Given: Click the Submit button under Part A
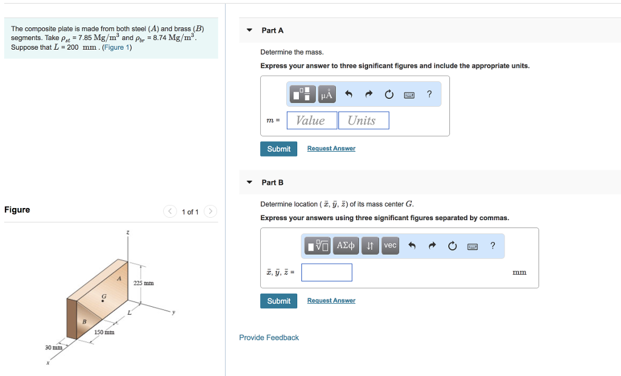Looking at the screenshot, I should (278, 149).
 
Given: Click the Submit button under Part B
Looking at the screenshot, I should (278, 301).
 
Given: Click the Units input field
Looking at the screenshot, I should (363, 121).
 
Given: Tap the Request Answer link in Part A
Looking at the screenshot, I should (331, 149).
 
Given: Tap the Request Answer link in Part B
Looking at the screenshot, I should (331, 301).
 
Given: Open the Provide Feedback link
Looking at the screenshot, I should (269, 338).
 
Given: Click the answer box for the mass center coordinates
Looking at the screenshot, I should (326, 272).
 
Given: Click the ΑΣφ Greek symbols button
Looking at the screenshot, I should (346, 246).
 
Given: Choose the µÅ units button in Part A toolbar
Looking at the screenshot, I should (327, 95).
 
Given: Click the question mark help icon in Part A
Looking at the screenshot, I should (429, 94).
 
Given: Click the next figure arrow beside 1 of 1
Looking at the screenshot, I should (210, 212).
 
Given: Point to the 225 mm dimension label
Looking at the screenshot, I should (144, 283).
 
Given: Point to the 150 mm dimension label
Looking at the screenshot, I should (104, 332).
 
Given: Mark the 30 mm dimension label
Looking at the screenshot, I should (53, 347).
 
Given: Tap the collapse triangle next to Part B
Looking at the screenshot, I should (249, 183).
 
